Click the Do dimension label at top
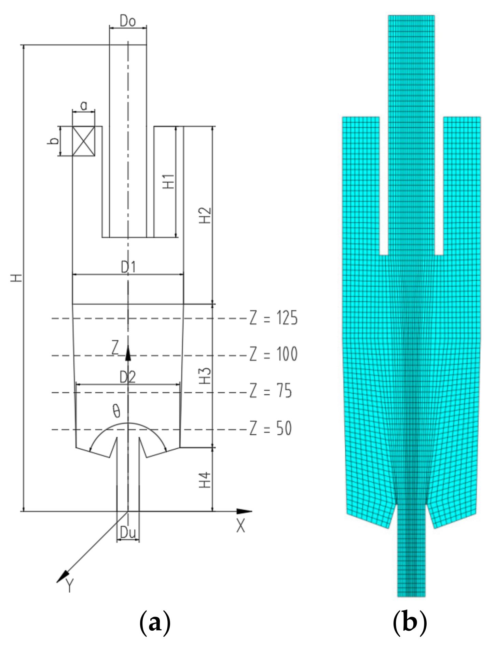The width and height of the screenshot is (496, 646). [128, 22]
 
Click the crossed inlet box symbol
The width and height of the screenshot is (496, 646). [84, 141]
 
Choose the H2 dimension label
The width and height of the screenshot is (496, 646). [205, 215]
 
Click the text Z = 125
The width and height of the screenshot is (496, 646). [273, 318]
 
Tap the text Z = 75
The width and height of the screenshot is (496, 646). [271, 391]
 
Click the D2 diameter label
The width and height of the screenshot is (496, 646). [127, 377]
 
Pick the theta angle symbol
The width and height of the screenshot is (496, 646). [116, 411]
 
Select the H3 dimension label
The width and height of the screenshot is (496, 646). [205, 376]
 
